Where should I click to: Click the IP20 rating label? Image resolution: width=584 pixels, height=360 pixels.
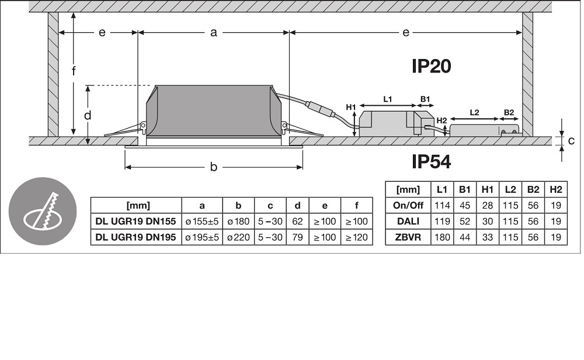[432, 66]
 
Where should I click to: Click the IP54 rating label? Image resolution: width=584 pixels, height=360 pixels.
[432, 161]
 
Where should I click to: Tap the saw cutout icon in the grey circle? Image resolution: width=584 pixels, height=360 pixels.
[42, 211]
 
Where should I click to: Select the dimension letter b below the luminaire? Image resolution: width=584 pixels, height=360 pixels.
[213, 167]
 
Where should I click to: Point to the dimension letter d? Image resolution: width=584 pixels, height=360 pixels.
[88, 116]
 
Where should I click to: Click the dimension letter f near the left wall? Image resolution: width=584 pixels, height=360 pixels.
[74, 71]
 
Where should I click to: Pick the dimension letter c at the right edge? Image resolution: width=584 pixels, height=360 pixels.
[571, 140]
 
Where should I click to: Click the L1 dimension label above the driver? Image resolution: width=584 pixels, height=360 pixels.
[388, 99]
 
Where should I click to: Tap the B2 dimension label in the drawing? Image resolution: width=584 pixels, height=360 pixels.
[509, 113]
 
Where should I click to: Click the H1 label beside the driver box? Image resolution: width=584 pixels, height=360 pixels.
[351, 108]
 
